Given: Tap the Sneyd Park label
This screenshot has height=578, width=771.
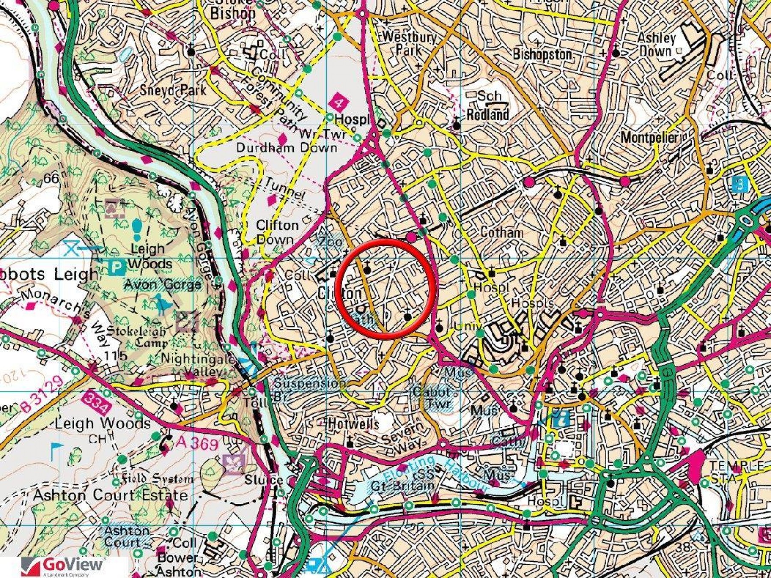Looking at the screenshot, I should point(173,90).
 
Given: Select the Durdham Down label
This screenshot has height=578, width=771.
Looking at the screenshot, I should point(287,148).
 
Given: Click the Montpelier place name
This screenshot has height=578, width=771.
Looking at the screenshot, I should point(649,137).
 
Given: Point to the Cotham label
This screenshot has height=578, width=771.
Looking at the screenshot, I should point(502,232).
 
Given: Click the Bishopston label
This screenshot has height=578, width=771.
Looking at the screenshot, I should point(542,54).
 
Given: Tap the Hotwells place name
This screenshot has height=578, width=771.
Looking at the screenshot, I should point(353,424).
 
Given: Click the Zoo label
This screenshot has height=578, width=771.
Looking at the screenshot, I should point(330,242).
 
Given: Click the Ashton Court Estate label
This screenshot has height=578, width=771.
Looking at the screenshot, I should point(111,495).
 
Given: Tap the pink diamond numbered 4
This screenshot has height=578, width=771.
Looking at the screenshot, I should point(340,102).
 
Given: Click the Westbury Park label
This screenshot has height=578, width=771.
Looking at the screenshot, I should point(409,43).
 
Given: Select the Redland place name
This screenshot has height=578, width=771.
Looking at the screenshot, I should point(487,114).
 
